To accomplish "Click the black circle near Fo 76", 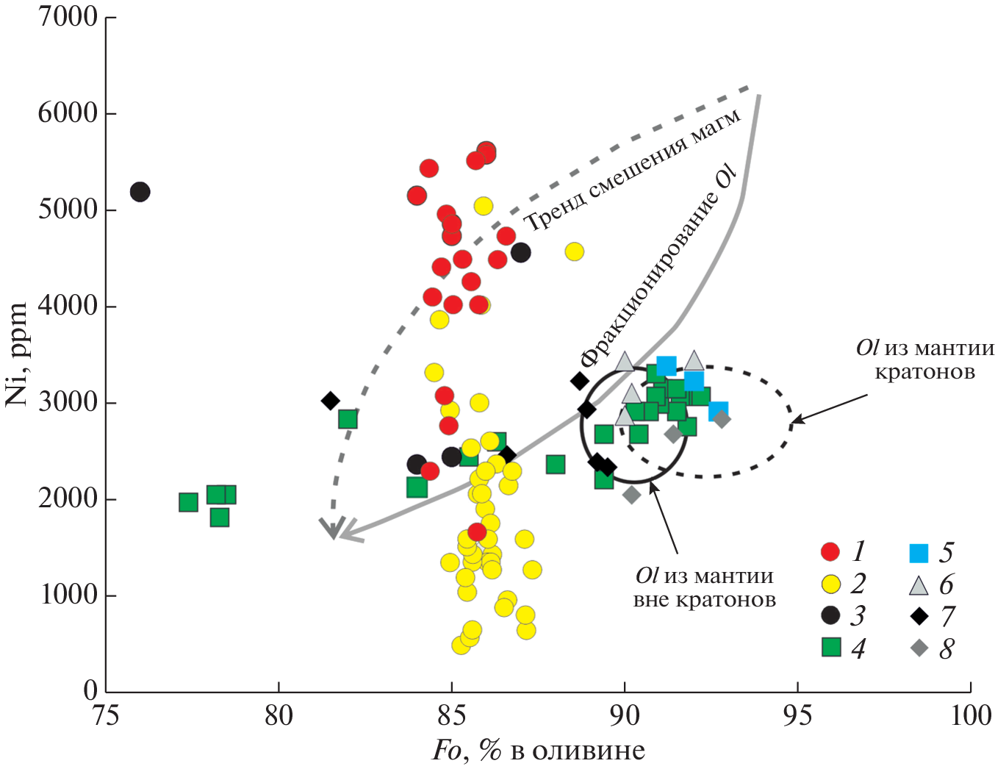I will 140,192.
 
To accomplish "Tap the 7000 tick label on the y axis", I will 68,16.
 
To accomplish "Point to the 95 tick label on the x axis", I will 797,715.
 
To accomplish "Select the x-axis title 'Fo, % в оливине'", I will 538,751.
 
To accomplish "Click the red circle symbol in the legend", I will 830,551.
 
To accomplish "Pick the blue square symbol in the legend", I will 919,553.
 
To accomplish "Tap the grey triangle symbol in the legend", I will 919,585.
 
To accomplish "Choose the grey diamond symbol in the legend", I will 919,648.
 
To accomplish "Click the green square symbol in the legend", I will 831,647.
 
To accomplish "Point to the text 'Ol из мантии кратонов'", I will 924,360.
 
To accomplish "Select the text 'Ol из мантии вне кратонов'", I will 704,587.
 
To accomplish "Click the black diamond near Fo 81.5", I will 330,401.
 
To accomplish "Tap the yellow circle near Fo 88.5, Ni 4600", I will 574,252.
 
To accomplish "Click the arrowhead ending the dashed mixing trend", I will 331,529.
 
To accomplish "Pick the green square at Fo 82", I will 348,419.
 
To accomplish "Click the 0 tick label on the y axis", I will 90,690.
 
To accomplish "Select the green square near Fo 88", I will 556,465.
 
